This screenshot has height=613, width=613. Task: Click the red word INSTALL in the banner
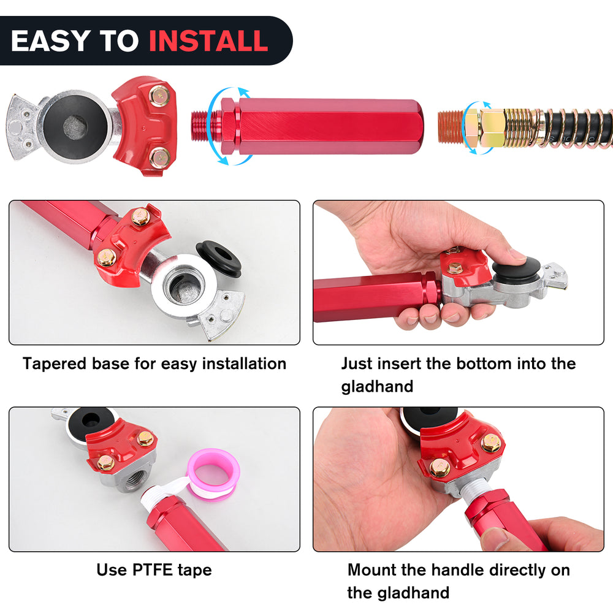[x=208, y=40]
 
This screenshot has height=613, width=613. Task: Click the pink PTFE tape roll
[x=213, y=474]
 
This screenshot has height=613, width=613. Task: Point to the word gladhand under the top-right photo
[x=377, y=387]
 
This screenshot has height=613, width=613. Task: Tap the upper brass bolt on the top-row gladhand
[x=159, y=96]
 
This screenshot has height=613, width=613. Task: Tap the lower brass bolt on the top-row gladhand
[x=159, y=158]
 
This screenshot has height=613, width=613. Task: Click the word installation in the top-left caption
[x=245, y=364]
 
